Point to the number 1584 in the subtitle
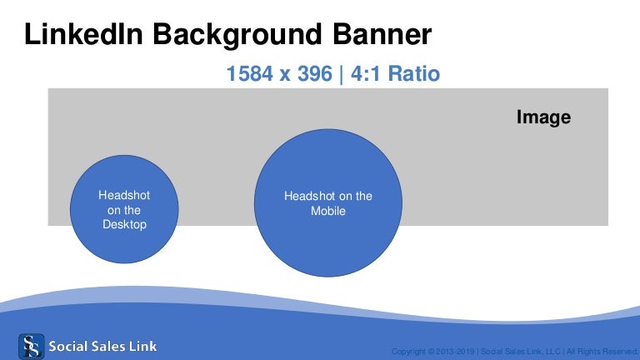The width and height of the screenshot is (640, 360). [250, 74]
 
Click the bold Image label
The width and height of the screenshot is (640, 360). [543, 117]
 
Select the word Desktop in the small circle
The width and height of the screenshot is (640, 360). [124, 225]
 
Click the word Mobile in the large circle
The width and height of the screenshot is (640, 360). [328, 211]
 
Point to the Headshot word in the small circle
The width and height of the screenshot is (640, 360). [124, 195]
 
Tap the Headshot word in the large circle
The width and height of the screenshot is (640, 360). [309, 196]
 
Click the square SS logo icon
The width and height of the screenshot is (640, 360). [31, 345]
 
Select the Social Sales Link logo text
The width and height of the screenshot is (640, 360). [102, 345]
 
